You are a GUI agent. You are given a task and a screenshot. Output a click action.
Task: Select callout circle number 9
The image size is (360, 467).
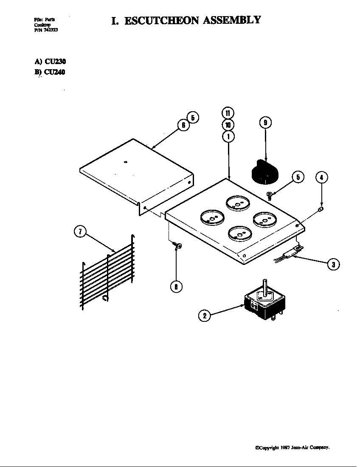[x=265, y=123]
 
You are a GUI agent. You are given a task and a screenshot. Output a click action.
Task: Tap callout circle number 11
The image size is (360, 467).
[x=228, y=113]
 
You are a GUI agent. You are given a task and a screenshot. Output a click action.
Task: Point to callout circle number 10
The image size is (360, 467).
[x=228, y=125]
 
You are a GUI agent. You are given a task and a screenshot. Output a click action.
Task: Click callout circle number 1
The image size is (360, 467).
[x=228, y=136]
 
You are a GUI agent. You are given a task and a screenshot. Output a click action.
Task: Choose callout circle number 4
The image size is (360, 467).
[x=322, y=177]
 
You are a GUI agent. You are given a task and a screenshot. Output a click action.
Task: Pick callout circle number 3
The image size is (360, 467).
[x=333, y=264]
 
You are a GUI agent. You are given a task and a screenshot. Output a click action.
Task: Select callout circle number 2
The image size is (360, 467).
[x=205, y=315]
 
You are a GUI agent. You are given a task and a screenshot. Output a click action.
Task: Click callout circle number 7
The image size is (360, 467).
[x=80, y=232]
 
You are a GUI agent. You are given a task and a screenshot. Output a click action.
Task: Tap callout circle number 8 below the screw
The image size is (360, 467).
[x=176, y=287]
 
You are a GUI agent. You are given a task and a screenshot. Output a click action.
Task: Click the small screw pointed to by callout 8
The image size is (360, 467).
[x=178, y=245]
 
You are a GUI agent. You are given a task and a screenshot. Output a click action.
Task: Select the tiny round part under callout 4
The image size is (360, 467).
[x=321, y=208]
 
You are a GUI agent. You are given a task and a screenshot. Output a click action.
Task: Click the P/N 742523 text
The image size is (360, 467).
[x=43, y=30]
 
